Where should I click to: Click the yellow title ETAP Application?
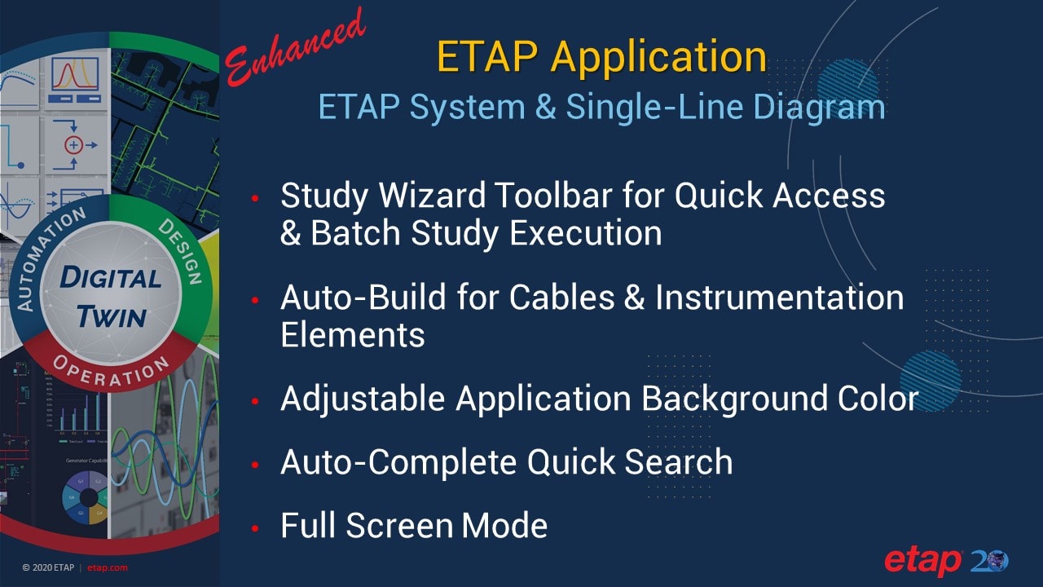(601, 57)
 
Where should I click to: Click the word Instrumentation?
(780, 298)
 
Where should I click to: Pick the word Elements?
(353, 335)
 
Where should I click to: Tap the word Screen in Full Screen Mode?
(400, 525)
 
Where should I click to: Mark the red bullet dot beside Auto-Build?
(256, 302)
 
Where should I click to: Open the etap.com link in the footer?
(107, 568)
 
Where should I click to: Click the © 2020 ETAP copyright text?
(48, 568)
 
